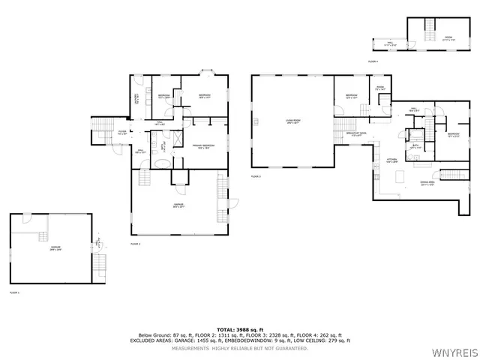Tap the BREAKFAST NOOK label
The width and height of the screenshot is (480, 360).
(x=355, y=133)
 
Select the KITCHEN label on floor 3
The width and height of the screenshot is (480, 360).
(x=391, y=160)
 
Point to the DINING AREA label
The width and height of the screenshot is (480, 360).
(x=428, y=183)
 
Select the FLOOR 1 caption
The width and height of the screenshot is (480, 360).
(x=14, y=292)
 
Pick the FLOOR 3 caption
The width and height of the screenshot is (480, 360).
(x=256, y=176)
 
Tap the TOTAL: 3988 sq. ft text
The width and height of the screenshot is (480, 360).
(x=239, y=328)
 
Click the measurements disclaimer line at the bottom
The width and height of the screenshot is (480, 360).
(x=239, y=348)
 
